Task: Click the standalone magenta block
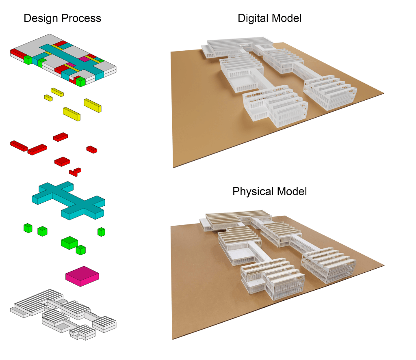pyautogui.click(x=82, y=276)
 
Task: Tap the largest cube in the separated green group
pyautogui.click(x=69, y=243)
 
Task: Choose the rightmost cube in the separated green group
pyautogui.click(x=101, y=232)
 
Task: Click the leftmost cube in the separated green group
pyautogui.click(x=28, y=228)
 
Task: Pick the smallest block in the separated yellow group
pyautogui.click(x=48, y=98)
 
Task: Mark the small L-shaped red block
pyautogui.click(x=75, y=171)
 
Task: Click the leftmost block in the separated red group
pyautogui.click(x=19, y=145)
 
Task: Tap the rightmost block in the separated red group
pyautogui.click(x=91, y=149)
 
